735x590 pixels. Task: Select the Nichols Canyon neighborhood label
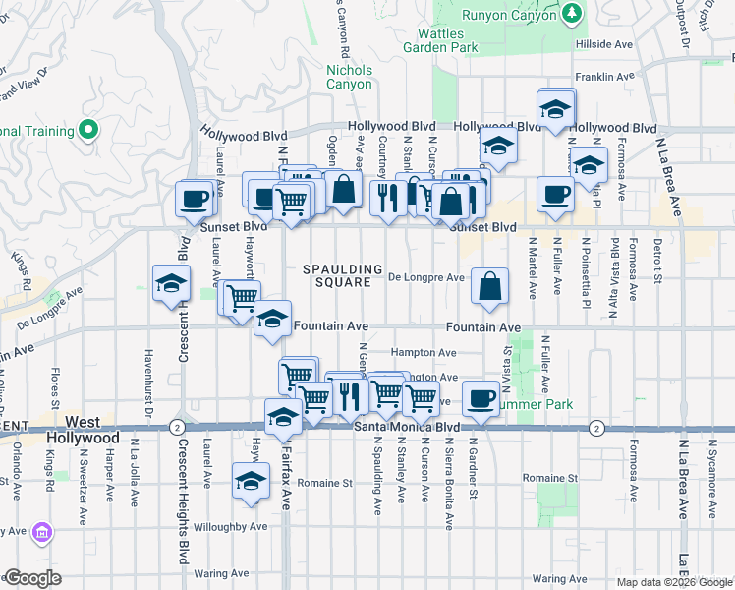tap(349, 77)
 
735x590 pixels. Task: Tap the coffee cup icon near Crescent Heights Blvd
tap(194, 200)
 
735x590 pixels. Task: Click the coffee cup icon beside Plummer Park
tap(481, 397)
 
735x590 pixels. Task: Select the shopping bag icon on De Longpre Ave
tap(489, 286)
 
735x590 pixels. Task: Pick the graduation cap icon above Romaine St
tap(251, 482)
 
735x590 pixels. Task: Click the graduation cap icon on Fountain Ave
tap(272, 319)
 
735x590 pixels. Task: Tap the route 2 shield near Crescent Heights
tap(176, 427)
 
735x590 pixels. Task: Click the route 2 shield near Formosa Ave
tap(596, 427)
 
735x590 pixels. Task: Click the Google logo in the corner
tap(31, 577)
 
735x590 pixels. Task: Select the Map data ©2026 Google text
tap(673, 582)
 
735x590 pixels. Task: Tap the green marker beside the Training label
tap(88, 129)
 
